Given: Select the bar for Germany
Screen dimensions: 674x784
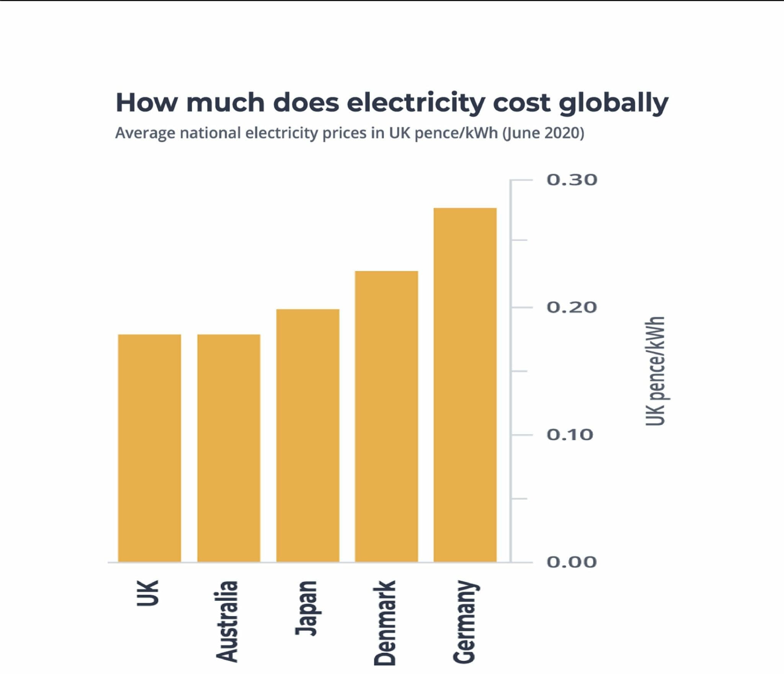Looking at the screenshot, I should (x=465, y=384).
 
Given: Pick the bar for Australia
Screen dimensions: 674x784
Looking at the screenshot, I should (x=229, y=448).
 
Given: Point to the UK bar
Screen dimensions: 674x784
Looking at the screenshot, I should (x=149, y=448).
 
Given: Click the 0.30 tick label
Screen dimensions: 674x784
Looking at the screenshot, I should (x=572, y=180).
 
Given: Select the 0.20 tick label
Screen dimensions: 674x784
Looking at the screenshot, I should (x=572, y=307).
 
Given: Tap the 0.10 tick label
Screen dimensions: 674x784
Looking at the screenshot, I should (x=570, y=435).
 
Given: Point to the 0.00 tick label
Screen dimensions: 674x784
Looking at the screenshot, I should (x=572, y=562).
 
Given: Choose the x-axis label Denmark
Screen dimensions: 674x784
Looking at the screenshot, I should (x=385, y=623).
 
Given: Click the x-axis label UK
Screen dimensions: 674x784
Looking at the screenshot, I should (x=147, y=593).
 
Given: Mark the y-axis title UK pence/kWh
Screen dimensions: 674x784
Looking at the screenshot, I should (x=655, y=371).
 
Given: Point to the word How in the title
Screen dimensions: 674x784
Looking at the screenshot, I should (x=147, y=103).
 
